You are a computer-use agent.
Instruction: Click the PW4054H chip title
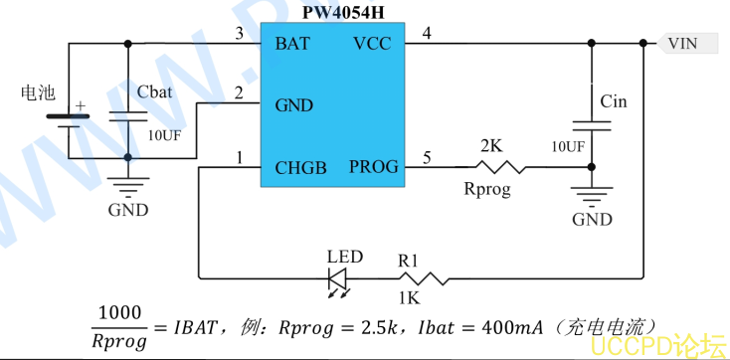pos(343,12)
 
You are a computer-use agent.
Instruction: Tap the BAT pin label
pos(292,44)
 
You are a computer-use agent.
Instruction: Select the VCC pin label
pos(372,44)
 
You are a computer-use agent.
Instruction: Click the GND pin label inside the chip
pos(294,105)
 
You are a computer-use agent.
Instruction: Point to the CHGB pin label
pos(300,168)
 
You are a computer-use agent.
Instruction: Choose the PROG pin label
pos(374,167)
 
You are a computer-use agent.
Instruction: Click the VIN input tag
pos(686,44)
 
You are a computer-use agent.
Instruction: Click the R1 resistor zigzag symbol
pos(424,278)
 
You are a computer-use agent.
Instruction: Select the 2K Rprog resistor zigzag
pos(500,167)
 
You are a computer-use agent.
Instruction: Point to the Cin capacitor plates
pos(592,125)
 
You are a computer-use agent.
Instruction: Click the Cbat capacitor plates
pos(128,116)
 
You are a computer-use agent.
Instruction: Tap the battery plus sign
pos(81,105)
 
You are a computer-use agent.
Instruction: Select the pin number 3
pos(240,34)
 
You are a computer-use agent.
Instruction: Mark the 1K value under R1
pos(409,297)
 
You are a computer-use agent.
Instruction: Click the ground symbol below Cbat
pos(128,187)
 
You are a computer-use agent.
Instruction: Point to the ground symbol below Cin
pos(592,196)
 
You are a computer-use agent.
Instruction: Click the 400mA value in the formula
pos(512,327)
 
